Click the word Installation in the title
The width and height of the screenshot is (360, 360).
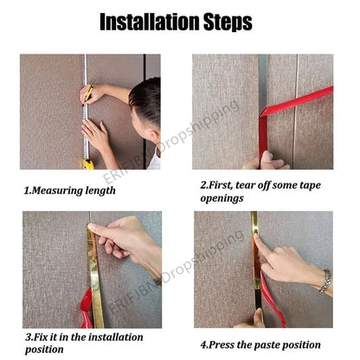click(x=150, y=22)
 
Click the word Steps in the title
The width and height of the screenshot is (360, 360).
click(x=228, y=22)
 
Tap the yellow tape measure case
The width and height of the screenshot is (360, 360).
click(x=88, y=164)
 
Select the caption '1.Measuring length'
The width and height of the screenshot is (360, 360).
click(x=69, y=190)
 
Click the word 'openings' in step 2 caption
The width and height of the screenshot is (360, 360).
click(x=222, y=198)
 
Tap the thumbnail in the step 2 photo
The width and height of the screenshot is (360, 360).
click(x=267, y=157)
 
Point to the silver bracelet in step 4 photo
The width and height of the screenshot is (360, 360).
click(x=325, y=281)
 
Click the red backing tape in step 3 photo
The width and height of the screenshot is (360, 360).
click(x=87, y=309)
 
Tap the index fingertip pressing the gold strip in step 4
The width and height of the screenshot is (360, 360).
click(x=256, y=237)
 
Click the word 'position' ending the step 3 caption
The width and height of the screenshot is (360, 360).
click(x=44, y=350)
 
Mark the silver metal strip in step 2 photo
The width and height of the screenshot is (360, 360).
click(x=262, y=84)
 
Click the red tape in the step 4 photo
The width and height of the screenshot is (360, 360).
click(x=273, y=300)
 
